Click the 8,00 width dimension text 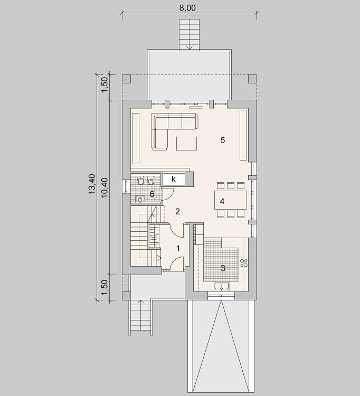[x=187, y=8]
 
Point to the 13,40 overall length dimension [x=92, y=184]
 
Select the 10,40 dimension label [x=105, y=187]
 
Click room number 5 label [x=222, y=140]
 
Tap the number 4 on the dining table [x=222, y=201]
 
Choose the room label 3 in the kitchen [x=223, y=268]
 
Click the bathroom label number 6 [x=152, y=194]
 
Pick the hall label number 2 [x=177, y=212]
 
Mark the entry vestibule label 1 [x=178, y=249]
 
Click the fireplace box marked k [x=174, y=179]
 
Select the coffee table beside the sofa [x=186, y=144]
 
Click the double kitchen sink [x=222, y=286]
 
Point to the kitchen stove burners [x=244, y=263]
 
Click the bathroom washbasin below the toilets [x=139, y=199]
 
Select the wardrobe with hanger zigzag [x=154, y=236]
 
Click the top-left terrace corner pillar [x=127, y=79]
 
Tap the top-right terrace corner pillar [x=252, y=79]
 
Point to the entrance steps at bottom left [x=141, y=317]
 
